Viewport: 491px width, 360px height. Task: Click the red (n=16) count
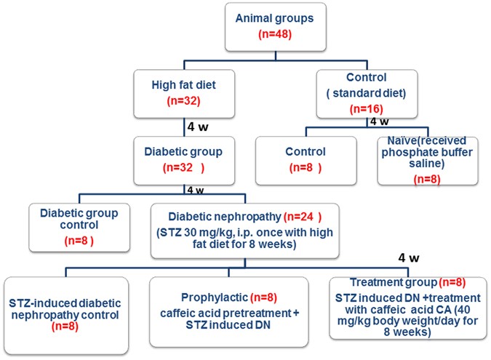(x=366, y=108)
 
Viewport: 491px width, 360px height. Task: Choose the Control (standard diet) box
(x=366, y=93)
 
